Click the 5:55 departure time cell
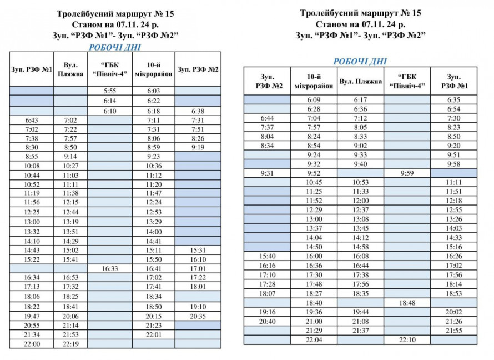[109, 91]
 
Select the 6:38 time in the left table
[198, 111]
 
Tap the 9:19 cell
[198, 147]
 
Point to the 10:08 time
[32, 166]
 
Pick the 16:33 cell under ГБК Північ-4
[109, 268]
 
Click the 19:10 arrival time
[198, 306]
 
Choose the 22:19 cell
[70, 344]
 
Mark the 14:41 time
[153, 241]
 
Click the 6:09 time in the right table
[314, 99]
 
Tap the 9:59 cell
[407, 173]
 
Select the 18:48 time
[407, 303]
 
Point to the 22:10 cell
[407, 339]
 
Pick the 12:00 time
[361, 201]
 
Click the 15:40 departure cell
[267, 256]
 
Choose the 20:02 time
[453, 312]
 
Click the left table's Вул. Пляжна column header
[70, 69]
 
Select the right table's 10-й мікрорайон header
[314, 81]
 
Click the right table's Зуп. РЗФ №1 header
[453, 81]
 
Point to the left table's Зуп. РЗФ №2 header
[198, 69]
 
